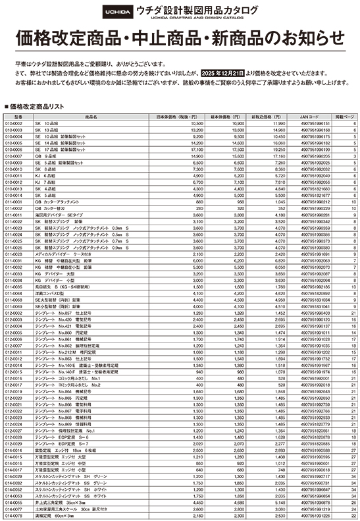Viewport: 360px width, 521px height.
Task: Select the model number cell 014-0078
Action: click(14, 516)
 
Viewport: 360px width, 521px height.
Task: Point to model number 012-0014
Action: click(14, 364)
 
